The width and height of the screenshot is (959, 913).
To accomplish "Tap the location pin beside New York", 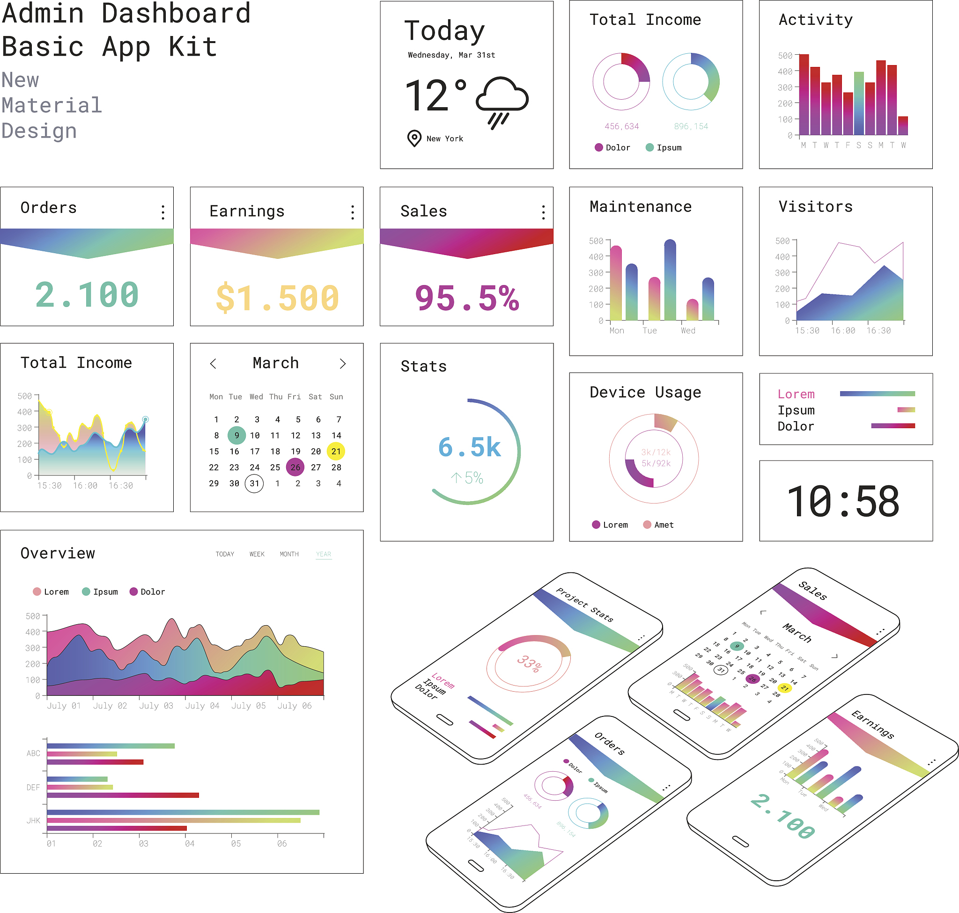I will (414, 138).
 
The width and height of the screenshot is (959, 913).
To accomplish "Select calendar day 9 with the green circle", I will (236, 435).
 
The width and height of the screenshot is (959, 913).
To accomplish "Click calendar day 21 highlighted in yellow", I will (336, 451).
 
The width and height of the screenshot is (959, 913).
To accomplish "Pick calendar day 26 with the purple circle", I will (295, 467).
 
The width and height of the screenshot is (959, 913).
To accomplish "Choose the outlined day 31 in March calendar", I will (254, 483).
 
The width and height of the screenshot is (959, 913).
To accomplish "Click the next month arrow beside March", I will (343, 364).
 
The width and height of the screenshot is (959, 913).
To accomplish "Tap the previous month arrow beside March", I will (213, 364).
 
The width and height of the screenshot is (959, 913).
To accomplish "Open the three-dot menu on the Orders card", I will (162, 212).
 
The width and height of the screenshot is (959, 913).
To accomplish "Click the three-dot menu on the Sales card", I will (543, 212).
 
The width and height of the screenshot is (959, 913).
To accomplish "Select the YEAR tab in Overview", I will (324, 555).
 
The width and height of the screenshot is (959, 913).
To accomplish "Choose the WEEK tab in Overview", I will (257, 555).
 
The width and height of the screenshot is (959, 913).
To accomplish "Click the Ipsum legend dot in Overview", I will (86, 592).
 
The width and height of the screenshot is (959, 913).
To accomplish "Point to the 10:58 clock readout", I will (843, 502).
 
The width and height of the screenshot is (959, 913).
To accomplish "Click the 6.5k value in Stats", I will (470, 447).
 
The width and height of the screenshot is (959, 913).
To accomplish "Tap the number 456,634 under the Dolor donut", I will (621, 126).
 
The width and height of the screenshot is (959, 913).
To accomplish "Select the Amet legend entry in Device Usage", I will (658, 525).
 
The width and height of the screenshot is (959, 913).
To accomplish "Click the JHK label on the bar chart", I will (33, 820).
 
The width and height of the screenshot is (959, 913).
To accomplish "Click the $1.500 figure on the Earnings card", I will (277, 298).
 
